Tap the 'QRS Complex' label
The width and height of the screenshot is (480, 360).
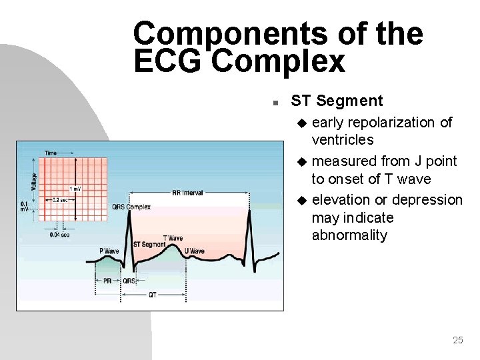pyautogui.click(x=132, y=207)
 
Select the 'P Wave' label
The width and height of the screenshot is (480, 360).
pyautogui.click(x=109, y=251)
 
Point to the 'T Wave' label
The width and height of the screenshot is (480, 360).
pyautogui.click(x=173, y=238)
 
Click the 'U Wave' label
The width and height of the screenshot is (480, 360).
pyautogui.click(x=194, y=251)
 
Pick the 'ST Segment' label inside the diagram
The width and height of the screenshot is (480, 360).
pyautogui.click(x=149, y=245)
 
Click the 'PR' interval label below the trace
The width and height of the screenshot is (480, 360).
pyautogui.click(x=108, y=281)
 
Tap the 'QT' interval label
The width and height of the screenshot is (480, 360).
pyautogui.click(x=153, y=295)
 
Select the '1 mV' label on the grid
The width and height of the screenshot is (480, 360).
pyautogui.click(x=75, y=189)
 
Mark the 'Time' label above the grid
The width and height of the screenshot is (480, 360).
pyautogui.click(x=51, y=153)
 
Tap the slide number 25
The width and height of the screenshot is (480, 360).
pyautogui.click(x=457, y=341)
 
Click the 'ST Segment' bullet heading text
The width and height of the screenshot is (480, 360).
pyautogui.click(x=337, y=101)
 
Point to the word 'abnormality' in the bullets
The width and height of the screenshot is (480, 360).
pyautogui.click(x=349, y=236)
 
